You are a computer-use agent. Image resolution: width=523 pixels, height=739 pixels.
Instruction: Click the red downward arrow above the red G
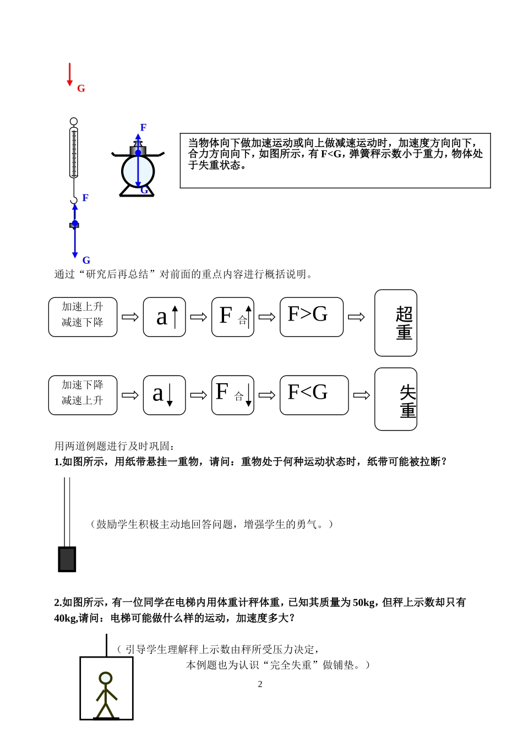(69, 74)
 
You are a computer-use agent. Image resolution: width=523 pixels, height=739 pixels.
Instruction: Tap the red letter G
(81, 89)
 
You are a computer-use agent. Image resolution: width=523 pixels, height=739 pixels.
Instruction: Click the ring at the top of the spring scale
(74, 121)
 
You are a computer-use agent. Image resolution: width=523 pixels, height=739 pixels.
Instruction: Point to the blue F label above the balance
(143, 128)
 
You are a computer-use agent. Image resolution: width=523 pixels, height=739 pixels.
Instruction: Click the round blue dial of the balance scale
(138, 171)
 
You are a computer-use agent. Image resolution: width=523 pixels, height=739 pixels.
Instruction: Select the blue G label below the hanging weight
(86, 260)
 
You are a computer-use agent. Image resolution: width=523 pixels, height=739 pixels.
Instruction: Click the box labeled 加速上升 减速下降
(83, 317)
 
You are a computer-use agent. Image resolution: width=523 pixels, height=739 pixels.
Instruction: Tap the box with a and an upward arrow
(164, 317)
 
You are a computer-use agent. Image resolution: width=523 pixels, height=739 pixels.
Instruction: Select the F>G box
(311, 317)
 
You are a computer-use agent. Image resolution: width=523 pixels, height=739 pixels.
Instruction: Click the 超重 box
(395, 323)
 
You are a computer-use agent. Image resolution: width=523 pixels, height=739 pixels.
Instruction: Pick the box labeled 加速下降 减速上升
(83, 395)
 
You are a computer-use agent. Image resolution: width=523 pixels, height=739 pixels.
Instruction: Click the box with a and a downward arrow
(164, 395)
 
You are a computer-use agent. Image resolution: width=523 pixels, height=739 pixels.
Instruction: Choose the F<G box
(314, 395)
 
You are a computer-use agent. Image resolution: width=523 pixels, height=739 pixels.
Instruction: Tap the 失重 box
(395, 399)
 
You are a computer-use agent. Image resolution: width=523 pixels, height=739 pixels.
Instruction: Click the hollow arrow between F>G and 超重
(356, 317)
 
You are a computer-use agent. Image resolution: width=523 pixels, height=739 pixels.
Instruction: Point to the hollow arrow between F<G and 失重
(361, 395)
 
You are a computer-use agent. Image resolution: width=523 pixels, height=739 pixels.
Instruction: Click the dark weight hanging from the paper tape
(67, 559)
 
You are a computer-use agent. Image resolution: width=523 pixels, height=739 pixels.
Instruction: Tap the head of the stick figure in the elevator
(105, 678)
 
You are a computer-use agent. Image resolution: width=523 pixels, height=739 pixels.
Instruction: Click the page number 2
(260, 684)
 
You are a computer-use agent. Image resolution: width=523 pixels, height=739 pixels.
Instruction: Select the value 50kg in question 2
(364, 602)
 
